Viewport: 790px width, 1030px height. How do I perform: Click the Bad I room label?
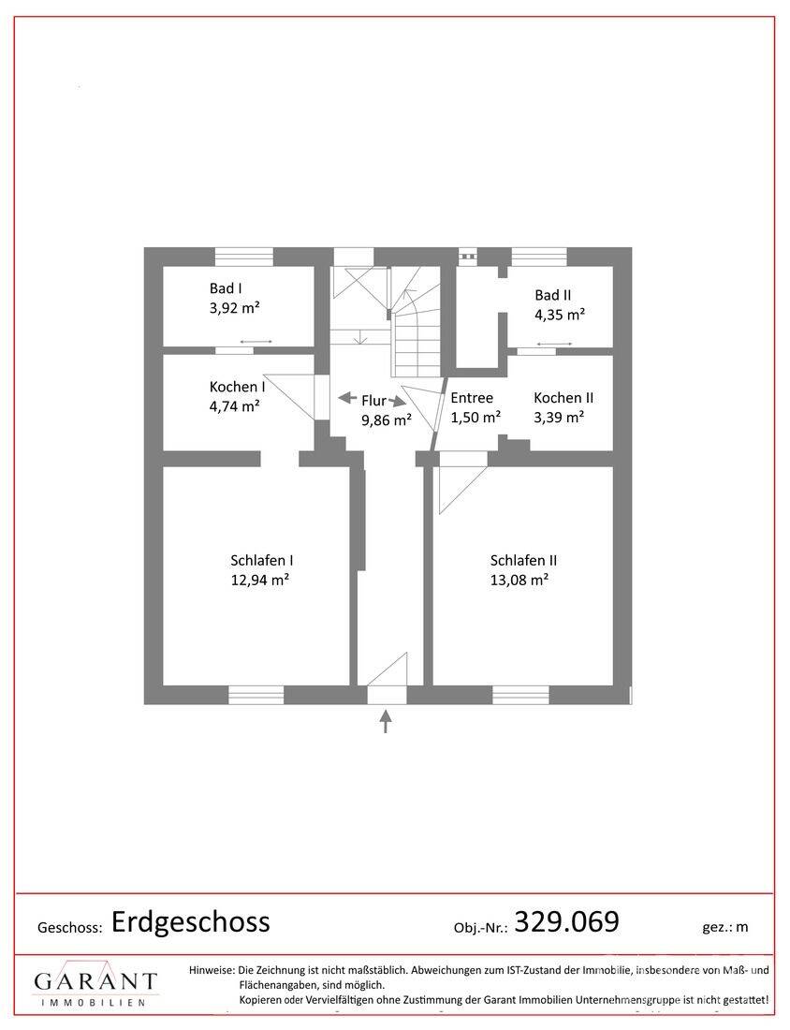(x=227, y=287)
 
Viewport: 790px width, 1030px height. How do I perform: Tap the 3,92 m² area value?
(x=234, y=307)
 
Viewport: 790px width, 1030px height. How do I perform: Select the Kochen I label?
(x=237, y=386)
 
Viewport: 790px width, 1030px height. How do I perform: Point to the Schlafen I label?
(x=261, y=560)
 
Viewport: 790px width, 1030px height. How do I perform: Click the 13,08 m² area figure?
(x=519, y=580)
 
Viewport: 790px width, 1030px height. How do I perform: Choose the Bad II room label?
(x=553, y=295)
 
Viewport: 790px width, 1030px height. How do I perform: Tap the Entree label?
(x=472, y=397)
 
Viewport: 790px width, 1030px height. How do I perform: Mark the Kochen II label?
(x=563, y=397)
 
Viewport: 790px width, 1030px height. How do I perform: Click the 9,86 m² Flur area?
(x=387, y=419)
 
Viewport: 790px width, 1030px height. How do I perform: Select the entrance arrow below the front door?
(x=387, y=721)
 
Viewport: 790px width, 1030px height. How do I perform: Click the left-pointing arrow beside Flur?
(x=347, y=397)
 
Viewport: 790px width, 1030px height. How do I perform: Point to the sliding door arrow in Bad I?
(x=256, y=342)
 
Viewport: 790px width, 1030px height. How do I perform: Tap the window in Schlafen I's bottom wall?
(x=256, y=695)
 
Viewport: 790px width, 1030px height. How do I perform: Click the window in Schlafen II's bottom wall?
(x=520, y=695)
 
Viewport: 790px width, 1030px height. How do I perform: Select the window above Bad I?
(x=244, y=257)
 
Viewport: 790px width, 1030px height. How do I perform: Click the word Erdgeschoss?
(x=190, y=921)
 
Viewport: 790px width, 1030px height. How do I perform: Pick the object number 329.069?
(x=566, y=921)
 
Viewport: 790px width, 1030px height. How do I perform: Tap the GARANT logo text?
(x=95, y=981)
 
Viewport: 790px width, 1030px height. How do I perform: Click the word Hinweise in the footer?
(x=212, y=969)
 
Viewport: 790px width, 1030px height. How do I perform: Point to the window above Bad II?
(x=539, y=257)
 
